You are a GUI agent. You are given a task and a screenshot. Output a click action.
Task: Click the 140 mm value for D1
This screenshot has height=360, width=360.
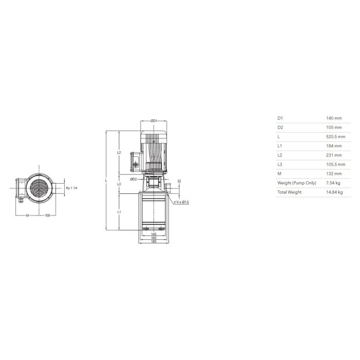[x=334, y=118]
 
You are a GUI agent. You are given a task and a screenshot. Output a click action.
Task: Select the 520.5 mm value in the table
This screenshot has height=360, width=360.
[x=336, y=137]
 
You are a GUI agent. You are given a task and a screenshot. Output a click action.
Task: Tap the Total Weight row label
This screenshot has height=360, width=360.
[x=289, y=192]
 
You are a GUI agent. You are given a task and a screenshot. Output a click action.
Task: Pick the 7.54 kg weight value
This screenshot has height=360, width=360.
[x=333, y=183]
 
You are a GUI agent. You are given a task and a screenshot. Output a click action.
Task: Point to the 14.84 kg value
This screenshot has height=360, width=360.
[x=334, y=192]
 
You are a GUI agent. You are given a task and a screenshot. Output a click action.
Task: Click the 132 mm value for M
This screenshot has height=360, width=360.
[x=334, y=174]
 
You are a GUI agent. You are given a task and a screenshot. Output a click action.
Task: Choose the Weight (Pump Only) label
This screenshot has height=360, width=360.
[x=297, y=183]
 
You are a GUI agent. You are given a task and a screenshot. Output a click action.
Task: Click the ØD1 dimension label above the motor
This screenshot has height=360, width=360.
[x=154, y=121]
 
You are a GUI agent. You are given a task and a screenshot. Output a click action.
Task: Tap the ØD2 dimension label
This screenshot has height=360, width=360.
[x=133, y=179]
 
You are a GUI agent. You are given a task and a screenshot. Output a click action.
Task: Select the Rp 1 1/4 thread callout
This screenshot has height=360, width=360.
[x=71, y=188]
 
